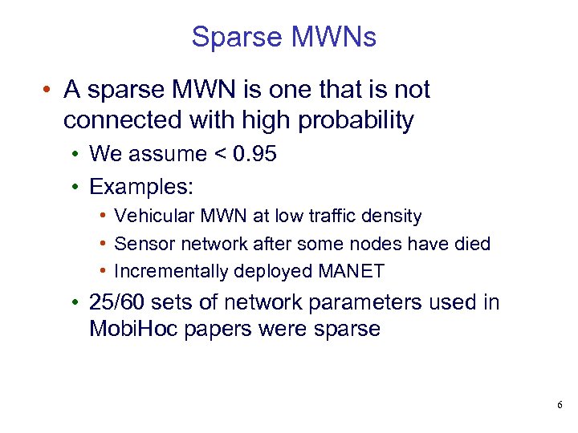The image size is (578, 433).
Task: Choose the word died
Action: [470, 244]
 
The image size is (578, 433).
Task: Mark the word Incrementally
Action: [171, 271]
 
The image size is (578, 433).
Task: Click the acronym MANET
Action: [351, 271]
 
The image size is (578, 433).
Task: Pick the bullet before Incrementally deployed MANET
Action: [104, 271]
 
